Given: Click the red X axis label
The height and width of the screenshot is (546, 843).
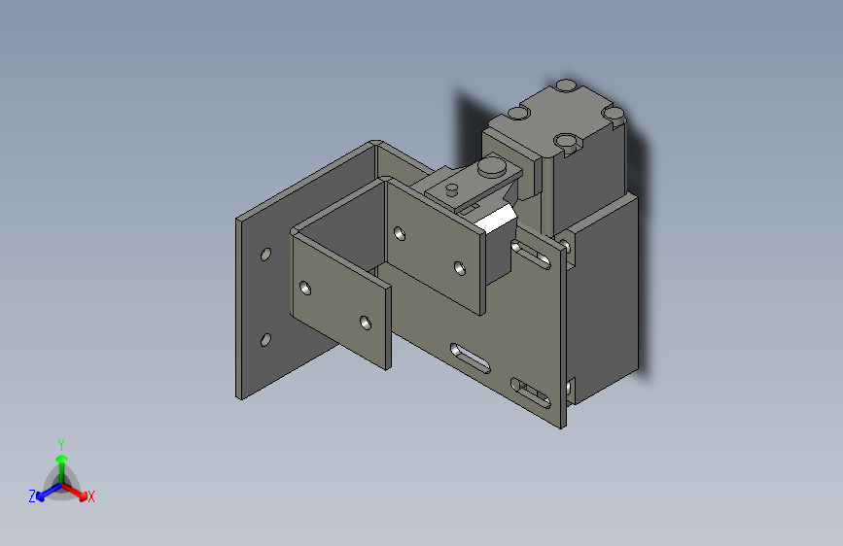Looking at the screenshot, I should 90,497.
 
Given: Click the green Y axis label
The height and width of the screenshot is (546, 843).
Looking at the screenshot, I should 61,443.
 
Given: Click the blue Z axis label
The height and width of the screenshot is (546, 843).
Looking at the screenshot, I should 32,496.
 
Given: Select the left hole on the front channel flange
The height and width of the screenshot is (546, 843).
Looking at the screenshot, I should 305,289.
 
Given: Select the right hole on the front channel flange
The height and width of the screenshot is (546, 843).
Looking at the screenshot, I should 365,322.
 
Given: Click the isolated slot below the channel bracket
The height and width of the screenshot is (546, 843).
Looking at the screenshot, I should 470,357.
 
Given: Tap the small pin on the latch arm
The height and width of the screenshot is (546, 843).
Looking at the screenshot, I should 452,187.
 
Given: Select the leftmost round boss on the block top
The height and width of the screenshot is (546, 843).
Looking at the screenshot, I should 518,114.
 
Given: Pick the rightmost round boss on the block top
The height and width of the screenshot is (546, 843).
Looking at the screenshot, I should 613,114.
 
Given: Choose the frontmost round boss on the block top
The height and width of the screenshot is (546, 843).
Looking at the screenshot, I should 565,142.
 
